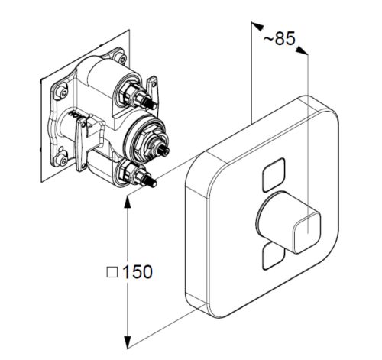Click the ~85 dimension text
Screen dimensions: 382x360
point(280,39)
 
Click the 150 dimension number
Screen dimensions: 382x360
point(138,271)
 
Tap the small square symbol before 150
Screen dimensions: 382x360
point(112,272)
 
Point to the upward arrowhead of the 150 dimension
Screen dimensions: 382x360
point(127,203)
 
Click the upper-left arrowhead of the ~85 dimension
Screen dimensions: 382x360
point(257,26)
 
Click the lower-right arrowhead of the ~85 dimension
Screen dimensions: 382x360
point(303,50)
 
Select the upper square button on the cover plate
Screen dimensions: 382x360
point(274,175)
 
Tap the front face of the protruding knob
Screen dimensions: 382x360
point(306,232)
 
